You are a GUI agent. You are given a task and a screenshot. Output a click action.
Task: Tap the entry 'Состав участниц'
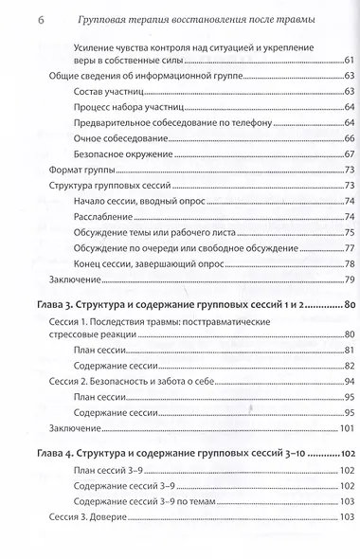tap(105, 90)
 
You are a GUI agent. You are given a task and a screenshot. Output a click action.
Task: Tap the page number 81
tap(348, 349)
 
